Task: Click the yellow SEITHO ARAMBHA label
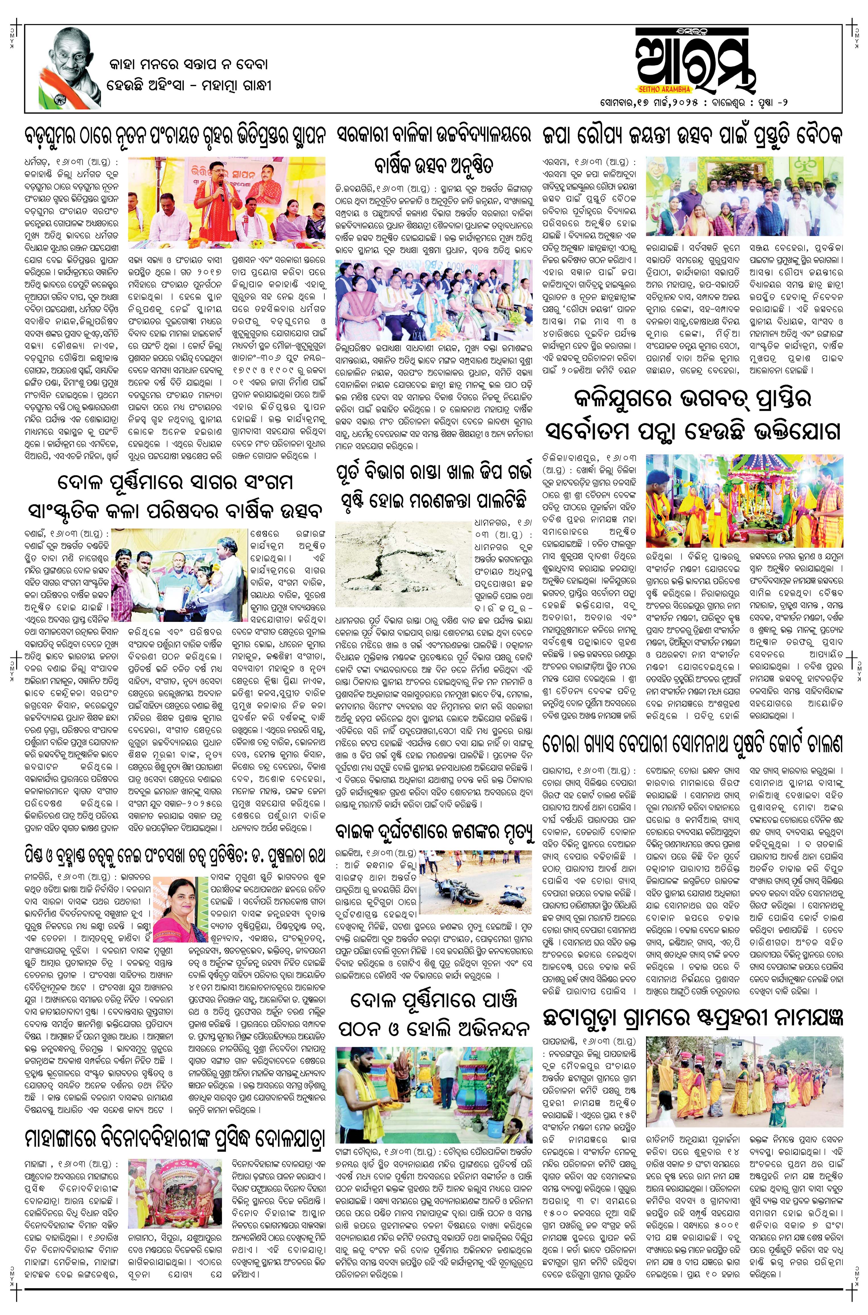click(x=663, y=89)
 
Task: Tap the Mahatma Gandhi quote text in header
click(x=188, y=75)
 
